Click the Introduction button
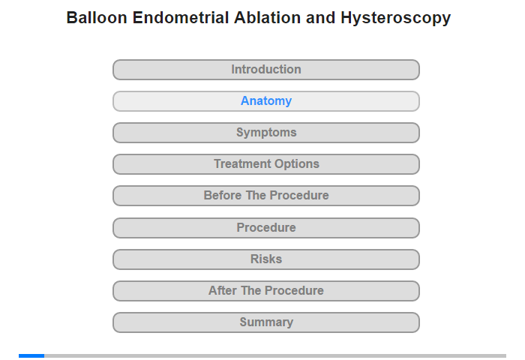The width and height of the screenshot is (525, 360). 266,70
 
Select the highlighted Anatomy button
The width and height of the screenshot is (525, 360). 266,101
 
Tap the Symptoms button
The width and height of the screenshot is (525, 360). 266,133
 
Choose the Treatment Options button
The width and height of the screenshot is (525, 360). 266,164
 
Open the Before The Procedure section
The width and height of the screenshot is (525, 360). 266,196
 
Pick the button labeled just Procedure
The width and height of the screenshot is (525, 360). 266,228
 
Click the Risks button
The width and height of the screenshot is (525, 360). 266,259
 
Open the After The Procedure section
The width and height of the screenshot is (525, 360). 266,291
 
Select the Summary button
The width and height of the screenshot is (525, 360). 266,322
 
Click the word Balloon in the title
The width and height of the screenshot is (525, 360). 97,18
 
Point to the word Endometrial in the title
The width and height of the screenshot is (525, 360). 181,18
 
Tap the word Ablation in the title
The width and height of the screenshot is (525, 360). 267,18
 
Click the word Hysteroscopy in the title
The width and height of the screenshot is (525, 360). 396,19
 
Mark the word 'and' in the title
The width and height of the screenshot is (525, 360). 320,18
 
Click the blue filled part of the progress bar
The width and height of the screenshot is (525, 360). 31,355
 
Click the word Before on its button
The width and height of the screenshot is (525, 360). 223,195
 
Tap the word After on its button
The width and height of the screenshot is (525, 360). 223,290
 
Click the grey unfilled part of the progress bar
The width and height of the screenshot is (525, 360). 275,355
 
